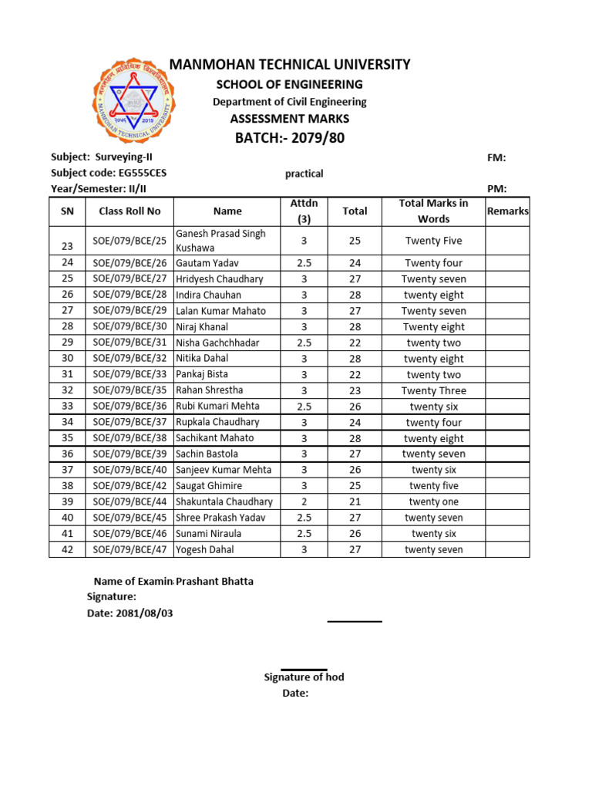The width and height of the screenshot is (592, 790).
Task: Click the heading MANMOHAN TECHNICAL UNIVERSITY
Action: [290, 65]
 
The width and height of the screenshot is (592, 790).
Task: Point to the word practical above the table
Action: [304, 174]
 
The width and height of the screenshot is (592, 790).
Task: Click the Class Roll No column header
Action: [129, 211]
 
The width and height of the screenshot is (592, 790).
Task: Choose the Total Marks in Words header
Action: [433, 211]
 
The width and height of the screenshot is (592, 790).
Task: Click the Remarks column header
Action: [507, 211]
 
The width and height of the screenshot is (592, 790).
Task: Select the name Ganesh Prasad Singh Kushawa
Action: [220, 241]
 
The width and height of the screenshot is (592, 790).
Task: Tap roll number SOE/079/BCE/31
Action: [129, 343]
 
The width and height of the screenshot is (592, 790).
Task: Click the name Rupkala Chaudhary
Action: [217, 422]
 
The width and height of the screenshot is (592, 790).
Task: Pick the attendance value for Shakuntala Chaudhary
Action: [304, 501]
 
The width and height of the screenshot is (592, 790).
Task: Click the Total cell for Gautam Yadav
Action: [355, 263]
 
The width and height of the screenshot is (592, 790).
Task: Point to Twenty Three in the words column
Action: [433, 390]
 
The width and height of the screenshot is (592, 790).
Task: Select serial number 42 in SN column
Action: [67, 550]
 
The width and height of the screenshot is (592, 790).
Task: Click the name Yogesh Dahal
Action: [205, 550]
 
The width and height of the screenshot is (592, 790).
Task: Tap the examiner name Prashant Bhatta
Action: [215, 582]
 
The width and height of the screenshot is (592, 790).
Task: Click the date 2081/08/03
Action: [150, 613]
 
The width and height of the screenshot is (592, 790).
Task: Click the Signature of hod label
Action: [304, 677]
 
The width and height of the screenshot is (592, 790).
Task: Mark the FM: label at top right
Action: [496, 158]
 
